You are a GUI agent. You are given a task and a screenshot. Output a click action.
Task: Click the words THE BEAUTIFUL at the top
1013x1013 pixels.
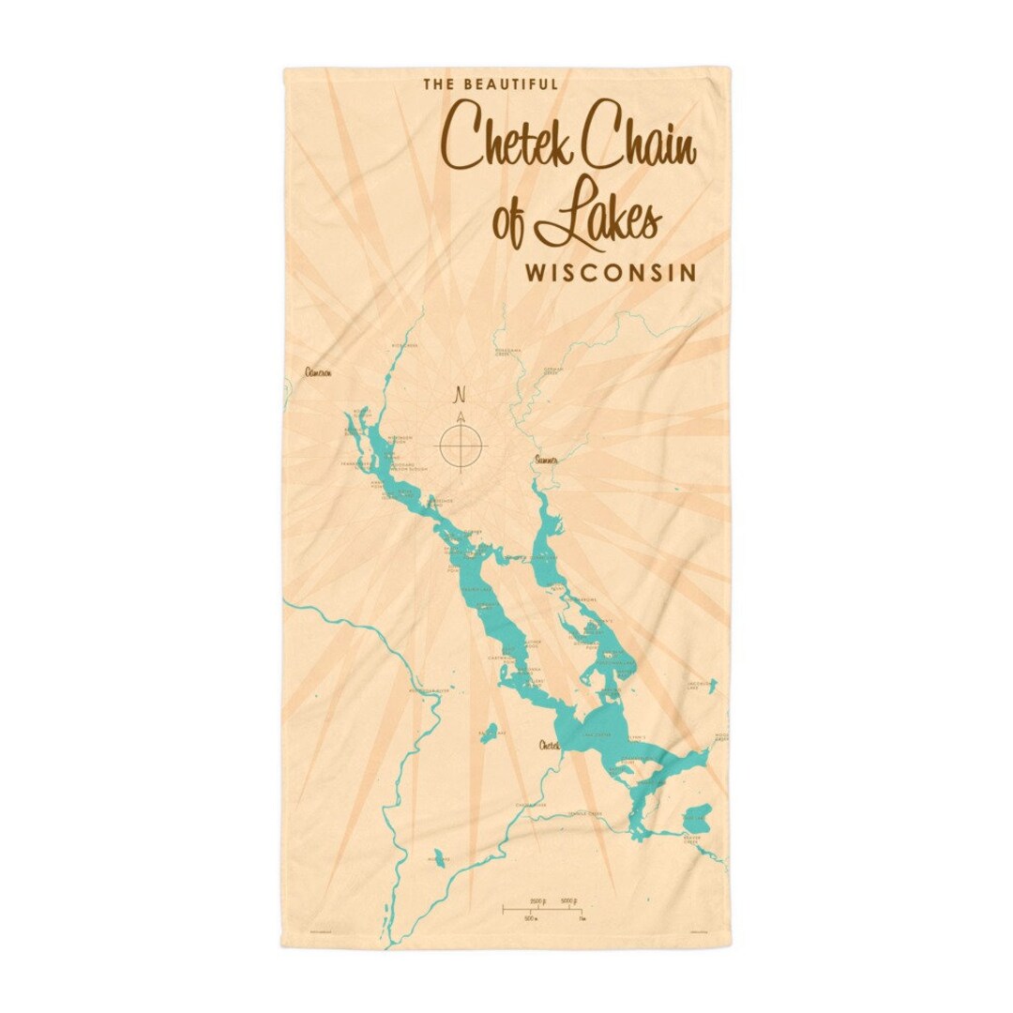pyautogui.click(x=491, y=84)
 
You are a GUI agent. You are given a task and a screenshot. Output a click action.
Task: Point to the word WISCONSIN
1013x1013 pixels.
pyautogui.click(x=611, y=273)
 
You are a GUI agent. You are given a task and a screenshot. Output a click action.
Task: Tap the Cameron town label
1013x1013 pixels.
pyautogui.click(x=318, y=372)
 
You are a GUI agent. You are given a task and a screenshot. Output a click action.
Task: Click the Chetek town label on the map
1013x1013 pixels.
pyautogui.click(x=549, y=746)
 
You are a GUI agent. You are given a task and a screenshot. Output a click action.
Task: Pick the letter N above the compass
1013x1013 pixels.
pyautogui.click(x=460, y=393)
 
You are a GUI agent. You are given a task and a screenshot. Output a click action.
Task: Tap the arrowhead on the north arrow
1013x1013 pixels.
pyautogui.click(x=461, y=415)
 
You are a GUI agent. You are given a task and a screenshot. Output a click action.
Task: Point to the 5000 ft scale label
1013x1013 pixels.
pyautogui.click(x=568, y=900)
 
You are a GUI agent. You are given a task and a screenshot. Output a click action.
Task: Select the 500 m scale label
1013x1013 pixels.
pyautogui.click(x=531, y=917)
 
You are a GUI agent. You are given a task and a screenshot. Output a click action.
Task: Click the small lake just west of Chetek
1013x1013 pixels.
pyautogui.click(x=489, y=733)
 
